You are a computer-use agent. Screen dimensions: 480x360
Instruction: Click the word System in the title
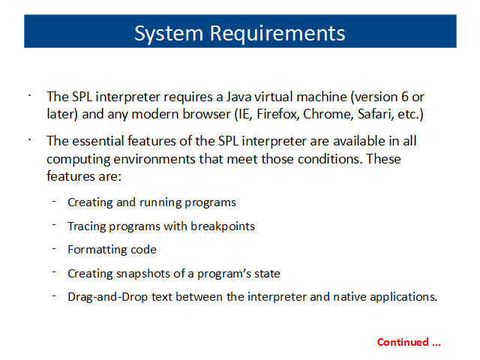169,34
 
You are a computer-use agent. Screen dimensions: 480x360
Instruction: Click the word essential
97,141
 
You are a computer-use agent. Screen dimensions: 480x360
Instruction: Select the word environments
154,159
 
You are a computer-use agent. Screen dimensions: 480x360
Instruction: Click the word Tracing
87,226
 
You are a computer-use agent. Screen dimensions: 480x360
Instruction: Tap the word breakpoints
223,226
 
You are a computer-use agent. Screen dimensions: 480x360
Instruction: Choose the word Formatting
97,250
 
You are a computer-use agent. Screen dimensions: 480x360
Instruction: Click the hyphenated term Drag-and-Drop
107,297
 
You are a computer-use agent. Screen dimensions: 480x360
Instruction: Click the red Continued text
409,342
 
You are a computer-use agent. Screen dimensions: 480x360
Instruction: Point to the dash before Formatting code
54,248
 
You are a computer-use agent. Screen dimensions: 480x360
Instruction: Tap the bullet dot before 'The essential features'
30,140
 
